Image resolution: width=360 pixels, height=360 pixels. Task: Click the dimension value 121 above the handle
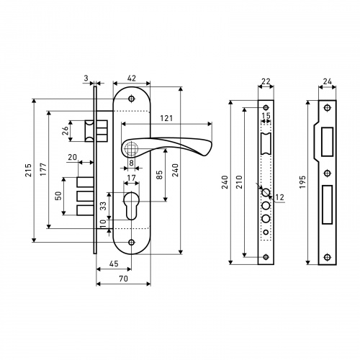tap(166, 118)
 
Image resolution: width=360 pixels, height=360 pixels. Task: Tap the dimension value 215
tap(29, 170)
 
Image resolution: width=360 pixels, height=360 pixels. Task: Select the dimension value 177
tap(43, 169)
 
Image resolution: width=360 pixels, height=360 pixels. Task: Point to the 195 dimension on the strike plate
tap(302, 181)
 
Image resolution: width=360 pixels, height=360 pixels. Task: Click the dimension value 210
tap(240, 181)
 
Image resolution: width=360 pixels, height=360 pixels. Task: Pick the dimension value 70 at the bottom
tap(123, 279)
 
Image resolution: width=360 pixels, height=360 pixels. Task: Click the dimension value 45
tap(114, 264)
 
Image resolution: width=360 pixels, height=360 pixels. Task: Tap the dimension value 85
tap(159, 174)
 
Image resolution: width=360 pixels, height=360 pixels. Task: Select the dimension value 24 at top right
tap(327, 82)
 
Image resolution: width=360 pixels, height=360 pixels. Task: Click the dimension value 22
tap(266, 82)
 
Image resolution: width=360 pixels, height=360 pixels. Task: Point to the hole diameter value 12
tap(279, 197)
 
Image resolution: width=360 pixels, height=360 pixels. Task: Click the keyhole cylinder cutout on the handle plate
tap(131, 205)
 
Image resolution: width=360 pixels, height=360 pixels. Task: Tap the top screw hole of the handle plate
tap(131, 99)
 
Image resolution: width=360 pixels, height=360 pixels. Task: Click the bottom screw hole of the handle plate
tap(131, 242)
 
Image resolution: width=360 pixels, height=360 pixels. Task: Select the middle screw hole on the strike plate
tap(327, 174)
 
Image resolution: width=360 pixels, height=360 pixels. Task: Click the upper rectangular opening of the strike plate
tap(327, 142)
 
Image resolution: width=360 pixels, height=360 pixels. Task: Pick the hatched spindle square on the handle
tap(131, 148)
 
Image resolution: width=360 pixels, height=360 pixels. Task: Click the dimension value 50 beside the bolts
tap(58, 196)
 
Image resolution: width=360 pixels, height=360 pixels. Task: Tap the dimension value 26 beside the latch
tap(66, 131)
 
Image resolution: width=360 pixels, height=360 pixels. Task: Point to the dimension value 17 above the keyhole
tap(131, 178)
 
